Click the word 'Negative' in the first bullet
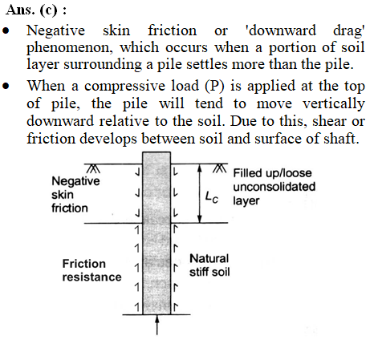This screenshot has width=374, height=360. click(x=55, y=30)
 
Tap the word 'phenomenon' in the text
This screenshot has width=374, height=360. click(x=71, y=48)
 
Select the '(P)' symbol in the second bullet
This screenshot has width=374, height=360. click(x=214, y=86)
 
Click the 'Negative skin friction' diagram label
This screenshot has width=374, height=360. click(x=75, y=194)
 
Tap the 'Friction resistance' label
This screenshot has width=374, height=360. click(x=91, y=270)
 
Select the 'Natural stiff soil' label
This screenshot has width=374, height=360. click(x=209, y=265)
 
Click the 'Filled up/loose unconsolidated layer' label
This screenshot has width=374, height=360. click(x=274, y=187)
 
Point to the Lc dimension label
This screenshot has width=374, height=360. click(x=212, y=197)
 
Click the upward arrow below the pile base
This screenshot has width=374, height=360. click(x=157, y=325)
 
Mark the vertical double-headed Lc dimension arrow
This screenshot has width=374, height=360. click(x=199, y=193)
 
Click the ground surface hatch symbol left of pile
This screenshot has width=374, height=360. click(x=93, y=168)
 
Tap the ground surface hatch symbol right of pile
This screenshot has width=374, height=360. click(x=220, y=168)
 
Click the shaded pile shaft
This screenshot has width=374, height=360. click(x=157, y=233)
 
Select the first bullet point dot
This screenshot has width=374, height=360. click(x=6, y=30)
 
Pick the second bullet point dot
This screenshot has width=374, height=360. click(x=6, y=87)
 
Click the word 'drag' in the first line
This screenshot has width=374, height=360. click(x=348, y=31)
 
